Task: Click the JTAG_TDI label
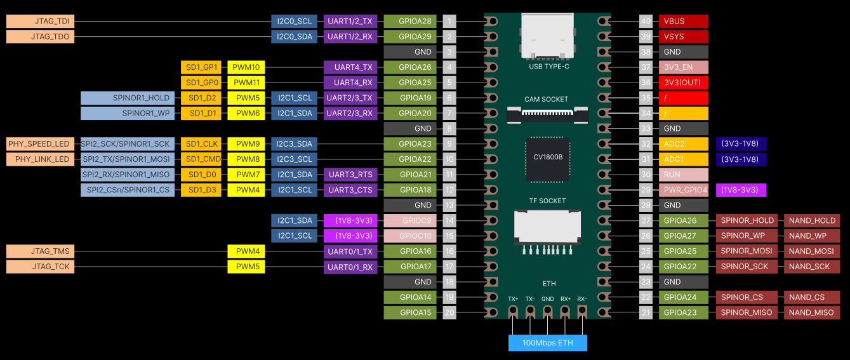(x=40, y=22)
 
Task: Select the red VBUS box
(x=683, y=22)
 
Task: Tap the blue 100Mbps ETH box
(x=547, y=343)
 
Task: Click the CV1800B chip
(x=547, y=157)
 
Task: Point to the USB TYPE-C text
(x=548, y=66)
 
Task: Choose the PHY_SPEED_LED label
(x=40, y=144)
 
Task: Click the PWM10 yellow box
(x=246, y=67)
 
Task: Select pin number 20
(x=449, y=312)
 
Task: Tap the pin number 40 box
(x=646, y=22)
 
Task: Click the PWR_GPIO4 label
(x=683, y=190)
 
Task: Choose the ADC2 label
(x=683, y=144)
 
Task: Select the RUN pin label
(x=683, y=175)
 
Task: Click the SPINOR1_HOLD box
(x=127, y=98)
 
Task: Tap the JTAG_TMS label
(x=40, y=251)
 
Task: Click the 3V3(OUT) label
(x=683, y=83)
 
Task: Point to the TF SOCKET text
(x=547, y=201)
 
